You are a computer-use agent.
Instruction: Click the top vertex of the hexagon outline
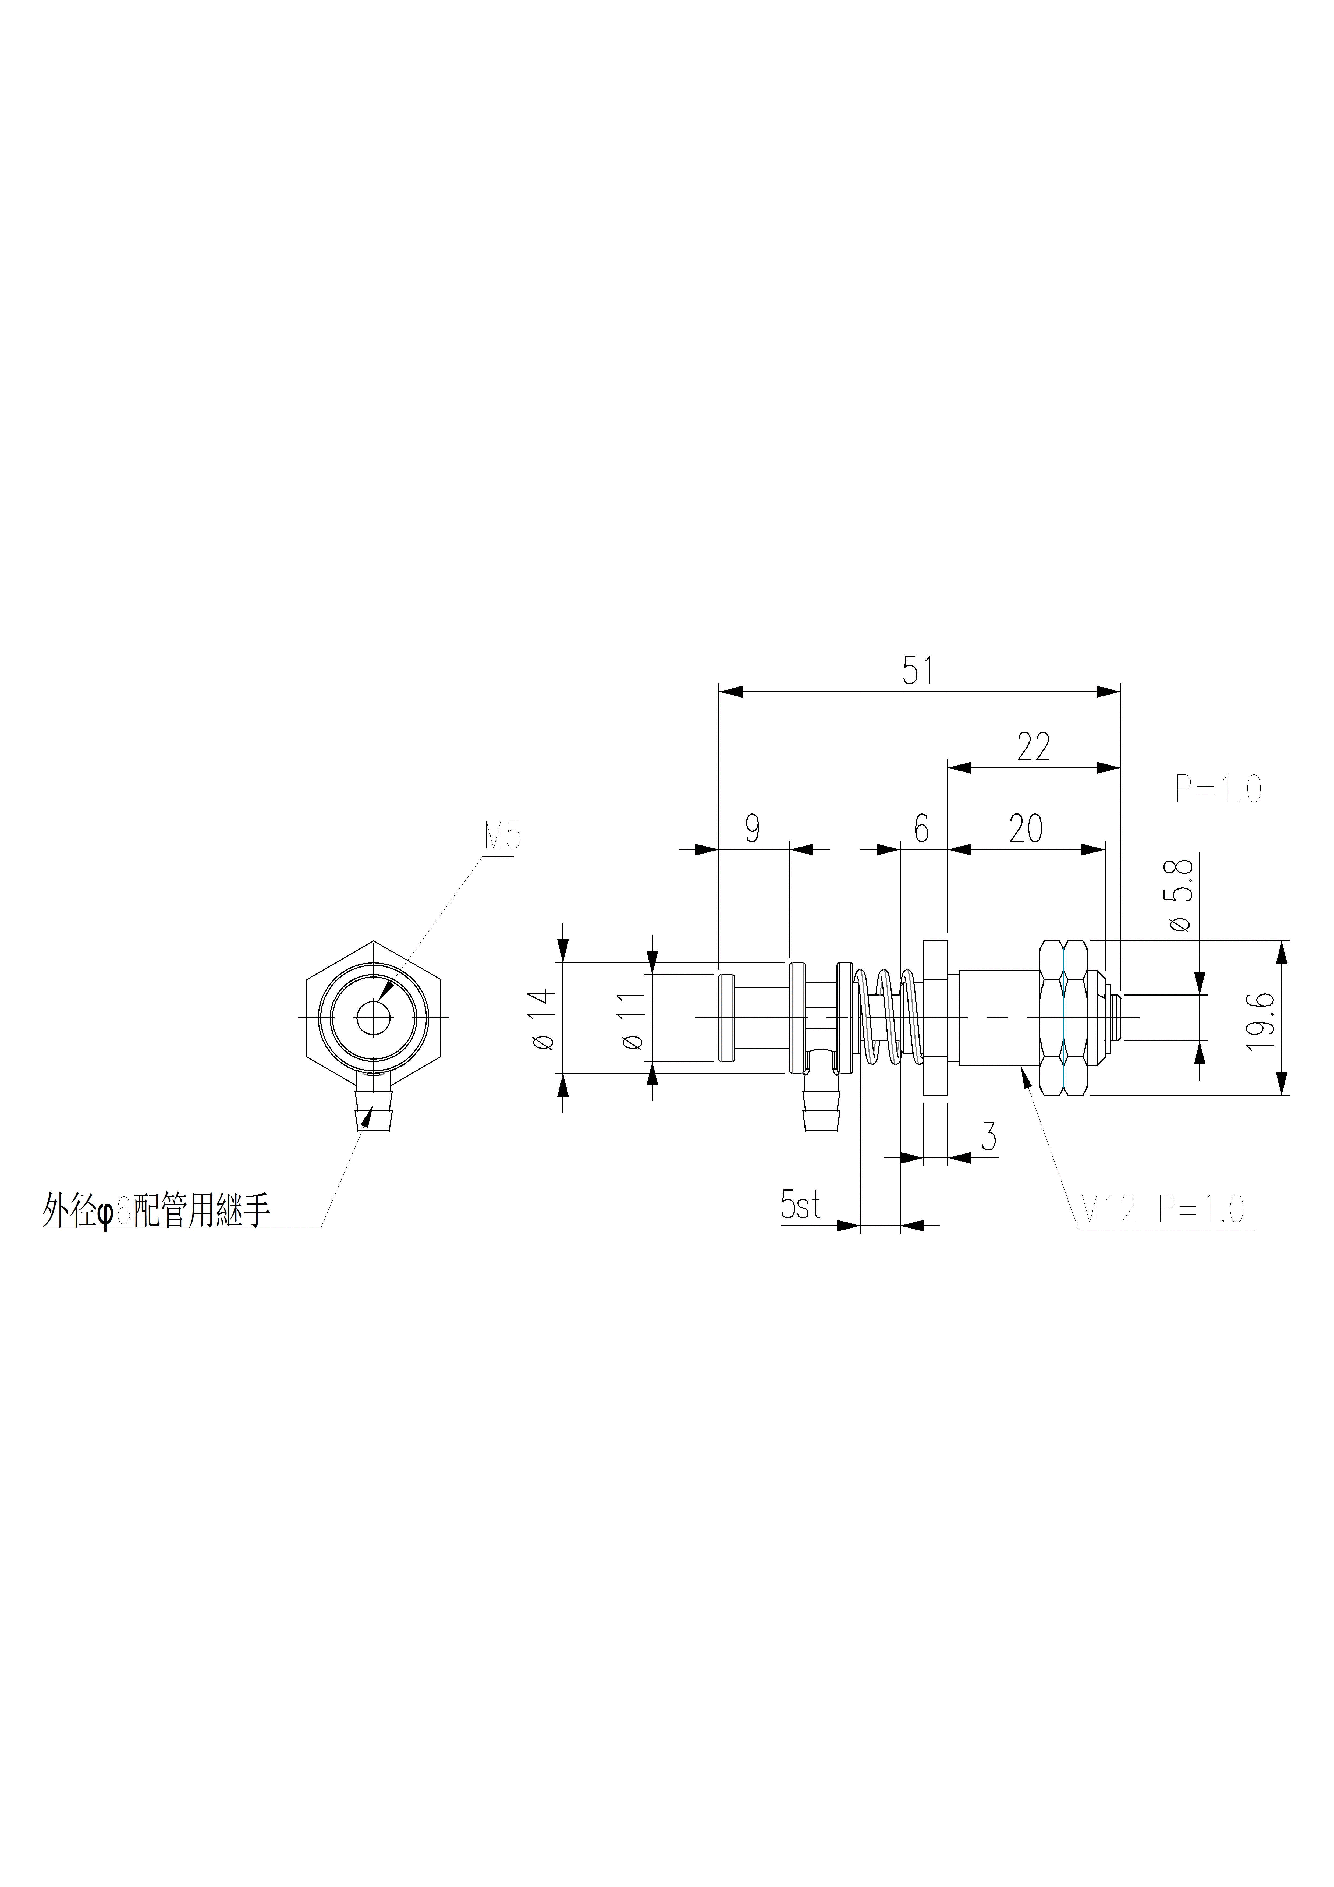coord(374,941)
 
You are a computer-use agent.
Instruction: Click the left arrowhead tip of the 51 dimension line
coord(719,692)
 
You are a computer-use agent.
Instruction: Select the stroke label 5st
coord(801,1206)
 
